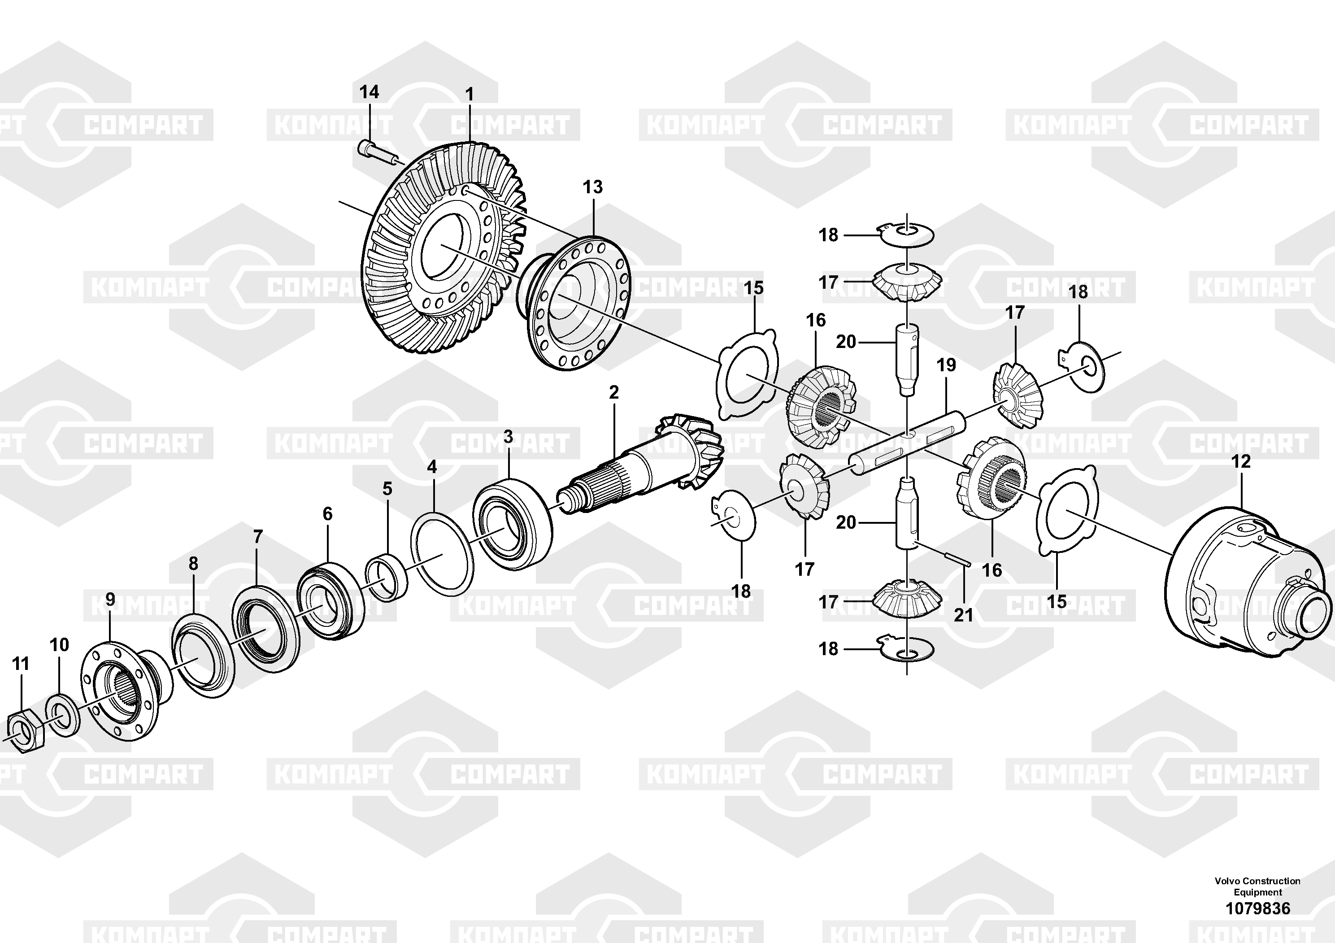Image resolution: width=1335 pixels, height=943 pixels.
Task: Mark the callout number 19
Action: click(946, 365)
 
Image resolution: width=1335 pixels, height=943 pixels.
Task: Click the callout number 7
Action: click(257, 536)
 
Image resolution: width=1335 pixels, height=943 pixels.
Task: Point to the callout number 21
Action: click(963, 614)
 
